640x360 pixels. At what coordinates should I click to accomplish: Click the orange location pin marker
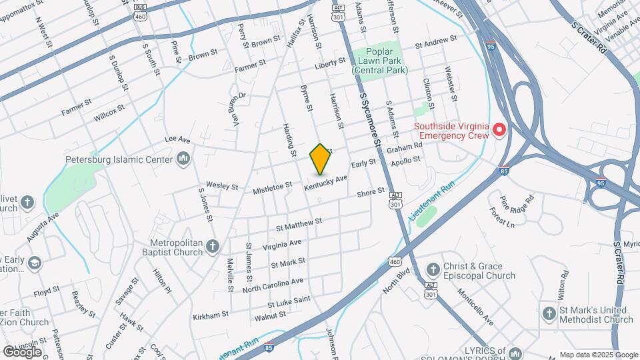(320, 159)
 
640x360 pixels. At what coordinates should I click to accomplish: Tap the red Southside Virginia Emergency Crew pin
(499, 129)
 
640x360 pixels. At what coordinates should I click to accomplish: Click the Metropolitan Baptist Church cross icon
(212, 247)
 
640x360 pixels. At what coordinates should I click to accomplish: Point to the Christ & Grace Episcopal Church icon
(433, 270)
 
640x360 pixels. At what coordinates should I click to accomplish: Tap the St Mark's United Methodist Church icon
(549, 313)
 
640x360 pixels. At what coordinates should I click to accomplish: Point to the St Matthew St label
(299, 223)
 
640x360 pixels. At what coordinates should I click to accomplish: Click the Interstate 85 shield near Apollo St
(504, 171)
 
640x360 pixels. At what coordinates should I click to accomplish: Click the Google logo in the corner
(22, 351)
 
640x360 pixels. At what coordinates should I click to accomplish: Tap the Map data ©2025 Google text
(598, 355)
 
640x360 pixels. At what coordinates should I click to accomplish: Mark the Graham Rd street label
(405, 148)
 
